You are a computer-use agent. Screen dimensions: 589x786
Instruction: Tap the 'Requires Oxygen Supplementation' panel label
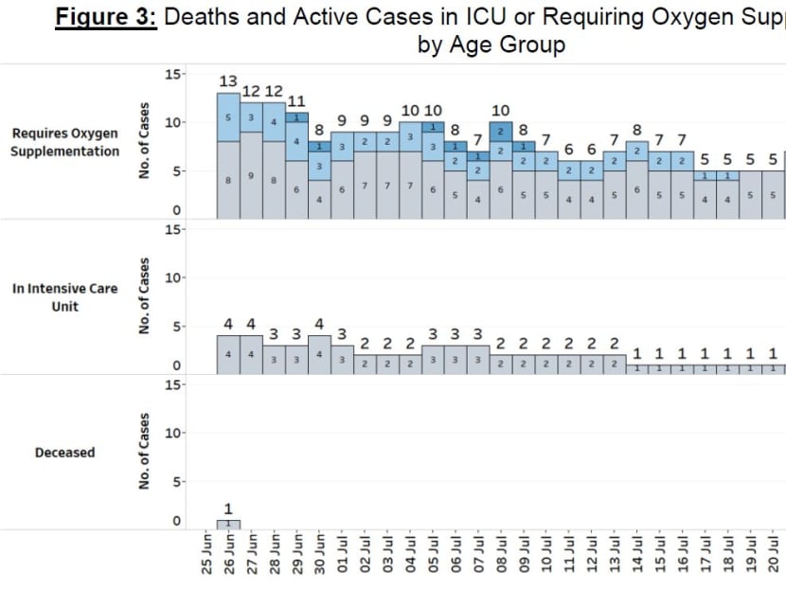(65, 143)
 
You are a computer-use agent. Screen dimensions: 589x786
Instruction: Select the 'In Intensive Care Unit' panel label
(65, 296)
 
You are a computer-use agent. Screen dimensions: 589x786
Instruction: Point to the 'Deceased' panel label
(65, 453)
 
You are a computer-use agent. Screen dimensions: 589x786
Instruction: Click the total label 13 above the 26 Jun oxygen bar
(228, 81)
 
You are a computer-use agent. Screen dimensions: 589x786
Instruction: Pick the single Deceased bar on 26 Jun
(228, 524)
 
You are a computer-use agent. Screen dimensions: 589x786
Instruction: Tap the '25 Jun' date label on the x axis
(205, 558)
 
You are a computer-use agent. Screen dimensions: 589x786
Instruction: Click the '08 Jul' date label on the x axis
(502, 558)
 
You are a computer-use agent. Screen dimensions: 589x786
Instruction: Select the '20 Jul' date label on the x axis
(775, 558)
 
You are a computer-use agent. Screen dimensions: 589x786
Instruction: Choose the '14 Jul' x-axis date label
(638, 558)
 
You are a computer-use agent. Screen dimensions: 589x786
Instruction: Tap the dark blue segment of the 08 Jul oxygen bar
(501, 132)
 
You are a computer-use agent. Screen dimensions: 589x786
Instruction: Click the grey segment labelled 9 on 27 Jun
(251, 175)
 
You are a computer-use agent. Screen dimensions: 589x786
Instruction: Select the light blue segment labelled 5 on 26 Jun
(228, 116)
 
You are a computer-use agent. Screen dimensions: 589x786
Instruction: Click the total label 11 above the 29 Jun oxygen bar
(296, 101)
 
